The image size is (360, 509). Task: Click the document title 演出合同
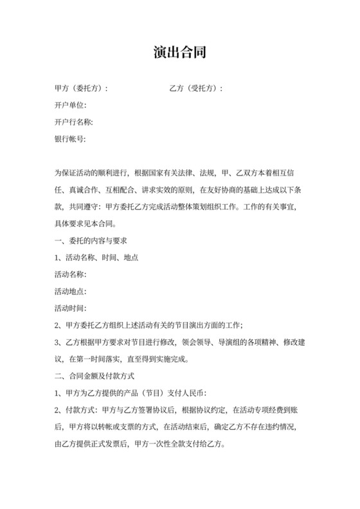(x=180, y=51)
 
